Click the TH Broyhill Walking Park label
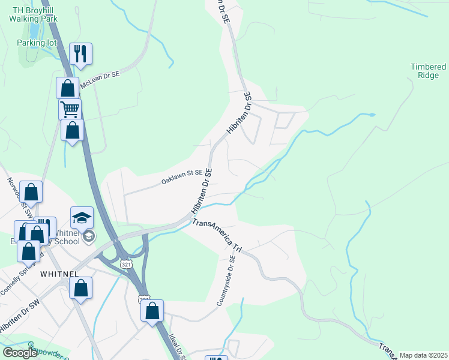click(x=33, y=14)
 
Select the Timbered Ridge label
click(x=428, y=71)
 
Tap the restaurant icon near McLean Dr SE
click(x=80, y=53)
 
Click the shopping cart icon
click(x=70, y=109)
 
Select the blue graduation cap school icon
click(x=82, y=217)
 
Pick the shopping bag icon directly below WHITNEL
click(x=81, y=287)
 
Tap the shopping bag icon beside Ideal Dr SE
click(x=152, y=311)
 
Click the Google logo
click(x=19, y=353)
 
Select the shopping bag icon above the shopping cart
click(x=68, y=88)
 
